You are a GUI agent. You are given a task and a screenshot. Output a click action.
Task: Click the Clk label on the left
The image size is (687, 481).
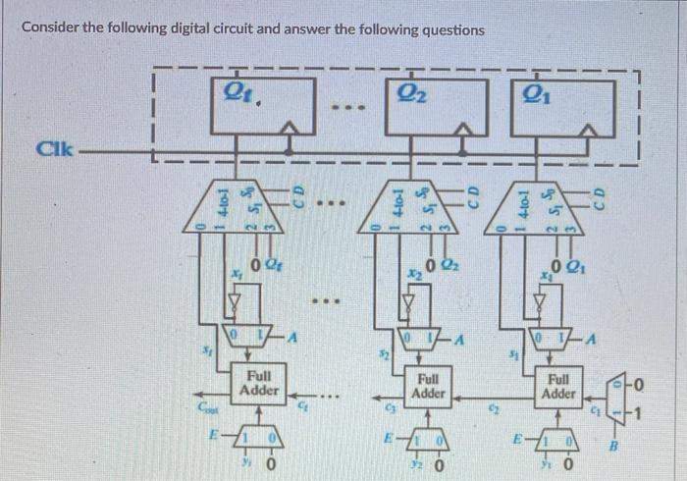coord(50,150)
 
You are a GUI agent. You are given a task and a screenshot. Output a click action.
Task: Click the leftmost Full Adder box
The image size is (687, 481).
coord(260,383)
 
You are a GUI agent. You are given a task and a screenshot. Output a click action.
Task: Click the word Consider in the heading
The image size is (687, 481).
coord(51,29)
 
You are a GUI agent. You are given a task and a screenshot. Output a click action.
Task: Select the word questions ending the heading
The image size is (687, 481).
coord(450,29)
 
